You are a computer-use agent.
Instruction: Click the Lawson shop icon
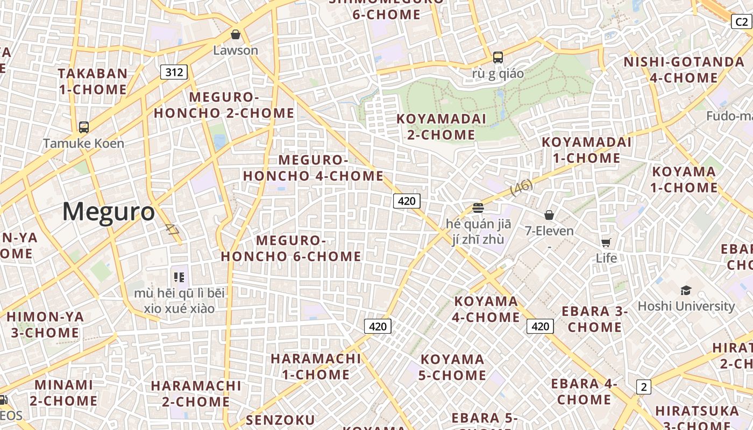[235, 35]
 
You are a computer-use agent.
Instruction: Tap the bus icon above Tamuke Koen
[84, 127]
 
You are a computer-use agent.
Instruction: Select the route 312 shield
[174, 72]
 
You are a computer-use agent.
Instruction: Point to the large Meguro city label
[109, 211]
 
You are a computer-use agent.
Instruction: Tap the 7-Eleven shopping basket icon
[549, 215]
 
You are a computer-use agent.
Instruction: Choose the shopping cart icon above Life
[606, 242]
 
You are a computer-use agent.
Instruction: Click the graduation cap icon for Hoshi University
[686, 290]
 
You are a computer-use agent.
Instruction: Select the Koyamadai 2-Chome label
[441, 126]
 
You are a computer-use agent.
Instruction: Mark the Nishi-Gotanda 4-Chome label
[684, 70]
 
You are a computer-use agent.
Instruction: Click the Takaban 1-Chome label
[93, 81]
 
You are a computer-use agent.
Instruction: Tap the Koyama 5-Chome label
[452, 367]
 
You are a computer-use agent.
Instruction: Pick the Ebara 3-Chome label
[595, 319]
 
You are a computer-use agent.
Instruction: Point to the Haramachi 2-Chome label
[196, 393]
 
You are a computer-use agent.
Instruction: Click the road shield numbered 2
[643, 386]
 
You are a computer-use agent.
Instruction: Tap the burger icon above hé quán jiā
[478, 207]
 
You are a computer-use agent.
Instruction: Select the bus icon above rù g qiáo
[498, 57]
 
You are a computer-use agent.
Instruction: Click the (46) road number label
[521, 187]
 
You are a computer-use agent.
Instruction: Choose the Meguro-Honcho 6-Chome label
[291, 248]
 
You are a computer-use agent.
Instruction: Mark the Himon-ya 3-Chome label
[45, 325]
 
